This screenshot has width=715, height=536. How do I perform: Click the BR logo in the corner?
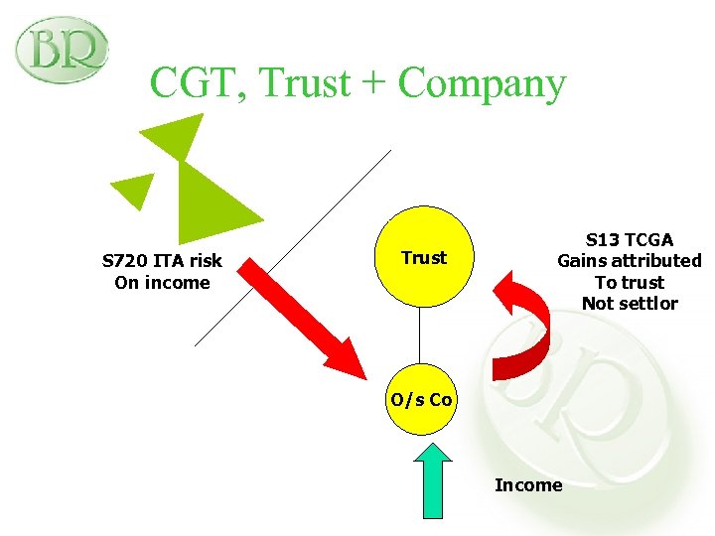(61, 50)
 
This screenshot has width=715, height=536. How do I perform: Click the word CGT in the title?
(198, 82)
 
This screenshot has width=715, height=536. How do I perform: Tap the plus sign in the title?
(373, 83)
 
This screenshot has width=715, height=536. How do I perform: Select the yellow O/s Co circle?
(421, 400)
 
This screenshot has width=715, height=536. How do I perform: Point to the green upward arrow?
(432, 480)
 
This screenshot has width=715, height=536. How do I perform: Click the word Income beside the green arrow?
(528, 485)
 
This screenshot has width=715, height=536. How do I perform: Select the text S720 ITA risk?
(162, 261)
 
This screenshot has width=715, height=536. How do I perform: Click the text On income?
(162, 283)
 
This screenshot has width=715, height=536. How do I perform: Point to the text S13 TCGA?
(629, 240)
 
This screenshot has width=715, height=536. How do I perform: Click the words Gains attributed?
(629, 261)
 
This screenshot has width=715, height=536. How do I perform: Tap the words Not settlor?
(629, 304)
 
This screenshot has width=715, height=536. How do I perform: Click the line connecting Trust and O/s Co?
(421, 336)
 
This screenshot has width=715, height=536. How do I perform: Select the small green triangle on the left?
(133, 188)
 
